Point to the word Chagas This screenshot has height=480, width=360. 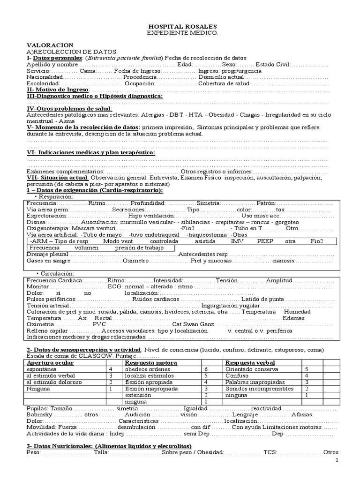point(243,115)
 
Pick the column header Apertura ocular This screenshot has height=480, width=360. point(50,363)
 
